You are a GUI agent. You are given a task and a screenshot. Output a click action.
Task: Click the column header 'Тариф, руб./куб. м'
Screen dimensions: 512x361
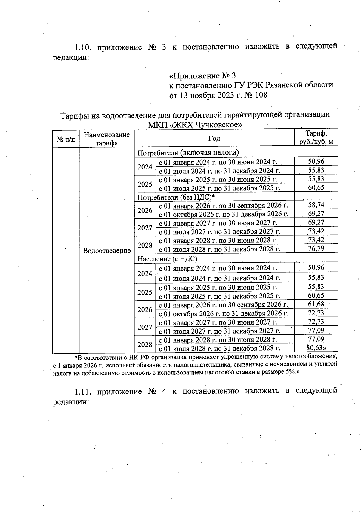[316, 137]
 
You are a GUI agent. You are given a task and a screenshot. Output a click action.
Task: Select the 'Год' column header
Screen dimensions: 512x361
[214, 138]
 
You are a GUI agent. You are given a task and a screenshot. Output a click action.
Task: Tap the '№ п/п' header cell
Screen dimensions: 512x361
[66, 139]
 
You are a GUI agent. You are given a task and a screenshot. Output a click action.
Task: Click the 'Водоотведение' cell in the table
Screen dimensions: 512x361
[107, 251]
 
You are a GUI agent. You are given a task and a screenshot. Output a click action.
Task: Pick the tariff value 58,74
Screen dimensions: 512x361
[316, 205]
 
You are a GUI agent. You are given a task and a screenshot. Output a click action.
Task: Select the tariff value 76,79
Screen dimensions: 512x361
[316, 248]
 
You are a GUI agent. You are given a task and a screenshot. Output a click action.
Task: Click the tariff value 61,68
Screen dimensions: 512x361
[316, 304]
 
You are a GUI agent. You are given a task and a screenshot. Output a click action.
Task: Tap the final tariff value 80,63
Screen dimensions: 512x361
[315, 348]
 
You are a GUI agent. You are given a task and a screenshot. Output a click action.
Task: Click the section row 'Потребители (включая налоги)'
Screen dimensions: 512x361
[188, 153]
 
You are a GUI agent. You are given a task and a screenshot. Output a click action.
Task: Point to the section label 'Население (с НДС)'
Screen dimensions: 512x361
[167, 258]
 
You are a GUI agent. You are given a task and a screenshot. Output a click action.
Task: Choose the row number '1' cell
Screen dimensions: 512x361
[66, 251]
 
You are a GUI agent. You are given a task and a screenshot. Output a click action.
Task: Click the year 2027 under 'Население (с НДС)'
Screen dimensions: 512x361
[145, 327]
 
